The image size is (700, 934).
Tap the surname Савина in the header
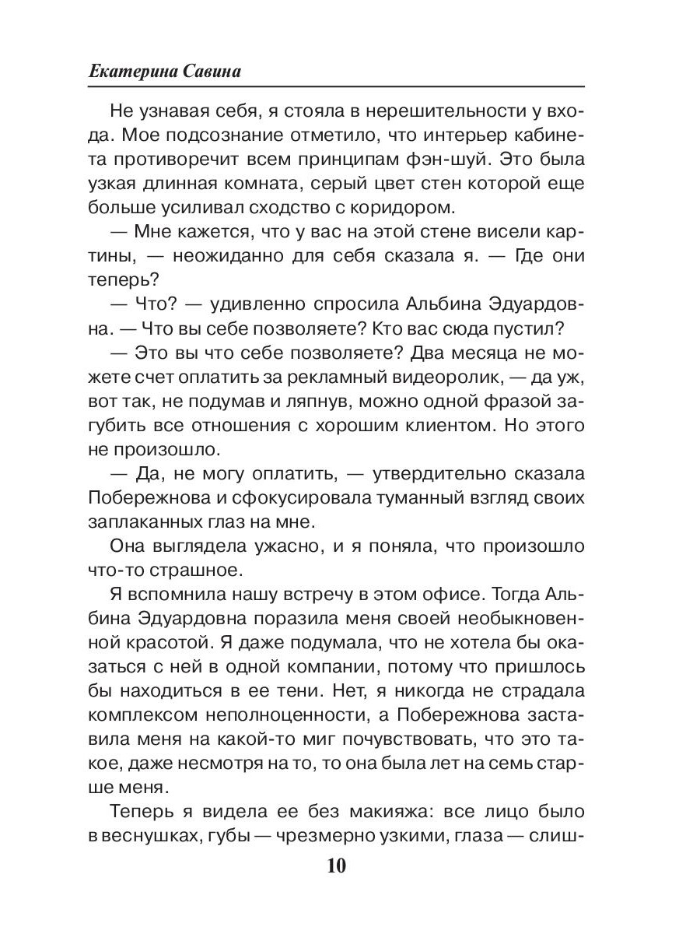coord(205,72)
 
